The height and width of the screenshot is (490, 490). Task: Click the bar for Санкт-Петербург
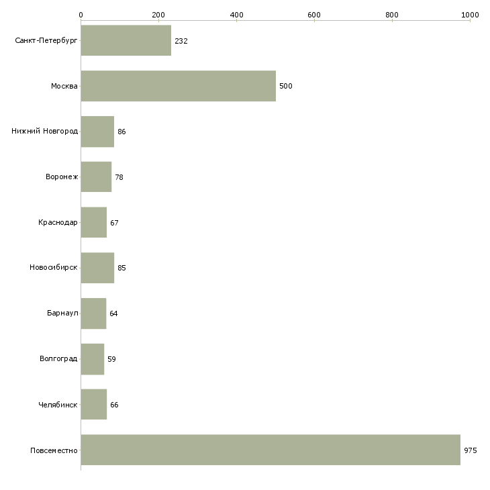click(x=126, y=40)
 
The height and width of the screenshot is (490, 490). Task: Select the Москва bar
click(x=179, y=86)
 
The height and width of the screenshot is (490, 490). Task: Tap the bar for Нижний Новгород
click(x=97, y=132)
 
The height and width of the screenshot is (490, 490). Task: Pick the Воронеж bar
click(x=96, y=177)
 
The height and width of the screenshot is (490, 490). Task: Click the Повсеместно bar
click(x=271, y=450)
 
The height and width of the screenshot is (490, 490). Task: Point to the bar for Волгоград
click(x=93, y=359)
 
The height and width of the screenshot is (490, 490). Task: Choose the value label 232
click(x=181, y=41)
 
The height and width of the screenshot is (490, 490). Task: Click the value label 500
click(x=286, y=86)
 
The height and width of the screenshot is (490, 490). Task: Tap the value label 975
click(x=471, y=450)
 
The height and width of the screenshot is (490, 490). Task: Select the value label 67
click(x=114, y=223)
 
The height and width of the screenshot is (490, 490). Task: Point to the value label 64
click(x=113, y=313)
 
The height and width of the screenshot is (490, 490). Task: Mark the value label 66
click(x=114, y=405)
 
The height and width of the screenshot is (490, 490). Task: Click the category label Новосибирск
click(x=54, y=268)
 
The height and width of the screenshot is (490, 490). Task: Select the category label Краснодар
click(x=58, y=222)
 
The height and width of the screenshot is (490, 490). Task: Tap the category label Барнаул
click(x=62, y=313)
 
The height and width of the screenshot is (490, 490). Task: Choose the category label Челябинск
click(x=58, y=405)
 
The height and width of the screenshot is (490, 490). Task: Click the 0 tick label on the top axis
click(x=81, y=15)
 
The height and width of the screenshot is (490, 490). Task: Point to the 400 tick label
click(x=236, y=15)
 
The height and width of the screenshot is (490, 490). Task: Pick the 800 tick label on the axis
click(x=392, y=15)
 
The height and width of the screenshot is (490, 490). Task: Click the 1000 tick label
click(x=470, y=15)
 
